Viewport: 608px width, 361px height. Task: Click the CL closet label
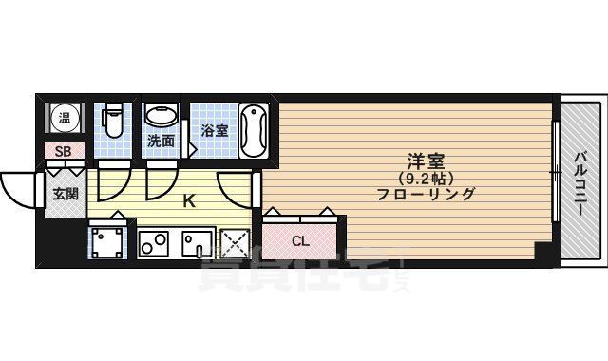tap(300, 241)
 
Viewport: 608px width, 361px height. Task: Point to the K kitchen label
tap(188, 201)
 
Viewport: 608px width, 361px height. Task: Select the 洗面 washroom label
tap(160, 142)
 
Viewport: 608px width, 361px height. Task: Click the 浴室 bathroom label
tap(213, 130)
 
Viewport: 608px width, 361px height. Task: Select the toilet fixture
tap(111, 120)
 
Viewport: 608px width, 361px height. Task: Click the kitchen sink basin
tap(198, 245)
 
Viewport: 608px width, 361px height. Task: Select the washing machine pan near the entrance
tap(106, 241)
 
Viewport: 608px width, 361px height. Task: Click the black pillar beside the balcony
tap(542, 253)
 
